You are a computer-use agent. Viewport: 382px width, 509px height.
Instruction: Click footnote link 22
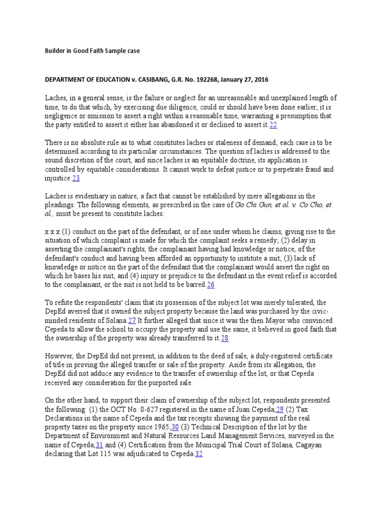point(273,124)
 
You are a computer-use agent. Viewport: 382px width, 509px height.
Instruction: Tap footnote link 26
point(210,284)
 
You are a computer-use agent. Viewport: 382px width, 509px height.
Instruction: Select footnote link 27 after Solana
point(132,321)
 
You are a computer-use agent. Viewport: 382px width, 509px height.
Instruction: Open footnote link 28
point(224,338)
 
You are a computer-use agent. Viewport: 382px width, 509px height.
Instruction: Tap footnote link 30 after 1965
point(175,426)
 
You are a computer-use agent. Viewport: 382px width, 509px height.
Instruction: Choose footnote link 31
point(98,444)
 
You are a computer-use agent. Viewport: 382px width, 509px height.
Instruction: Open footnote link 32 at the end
point(199,453)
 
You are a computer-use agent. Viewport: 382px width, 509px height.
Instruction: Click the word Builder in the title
point(56,51)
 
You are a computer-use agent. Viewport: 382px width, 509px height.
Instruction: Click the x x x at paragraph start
point(53,231)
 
